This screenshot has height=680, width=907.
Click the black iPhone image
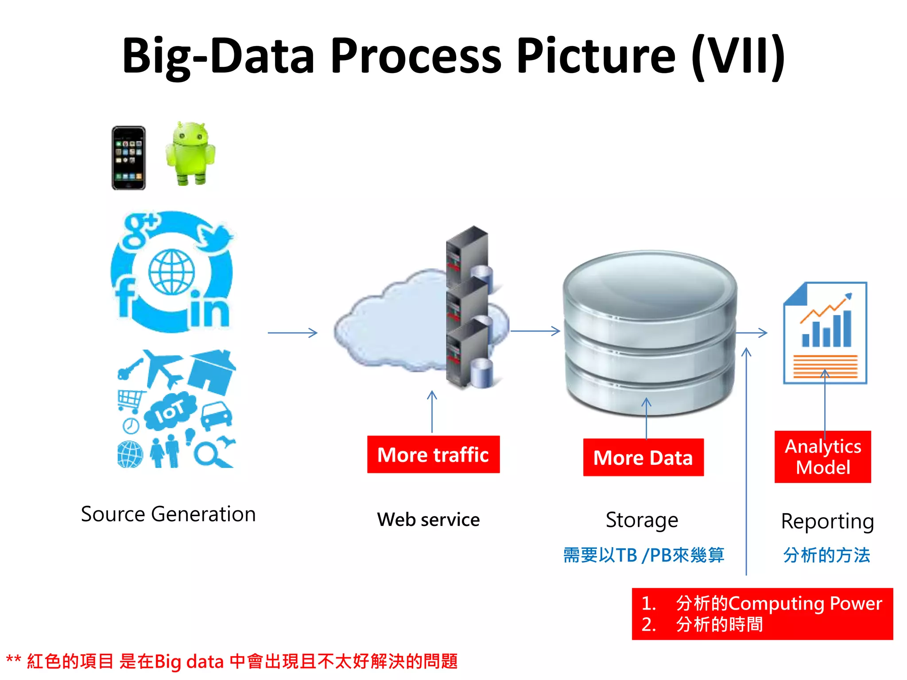pyautogui.click(x=128, y=158)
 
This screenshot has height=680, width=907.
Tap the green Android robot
pyautogui.click(x=190, y=154)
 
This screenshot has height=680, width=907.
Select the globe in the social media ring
pyautogui.click(x=171, y=272)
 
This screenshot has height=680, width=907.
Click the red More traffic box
pyautogui.click(x=433, y=455)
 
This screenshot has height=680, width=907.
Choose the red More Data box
pyautogui.click(x=643, y=457)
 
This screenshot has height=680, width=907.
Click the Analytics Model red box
pyautogui.click(x=822, y=457)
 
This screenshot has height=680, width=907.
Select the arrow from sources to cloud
pyautogui.click(x=292, y=332)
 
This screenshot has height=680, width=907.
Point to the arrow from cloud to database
pyautogui.click(x=535, y=331)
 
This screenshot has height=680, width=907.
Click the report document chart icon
pyautogui.click(x=825, y=333)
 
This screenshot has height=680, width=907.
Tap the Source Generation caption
pyautogui.click(x=168, y=514)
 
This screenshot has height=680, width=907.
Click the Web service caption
pyautogui.click(x=428, y=520)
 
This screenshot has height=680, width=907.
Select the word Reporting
pyautogui.click(x=827, y=522)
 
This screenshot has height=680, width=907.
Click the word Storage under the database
pyautogui.click(x=642, y=520)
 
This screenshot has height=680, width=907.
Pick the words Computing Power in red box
pyautogui.click(x=805, y=603)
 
